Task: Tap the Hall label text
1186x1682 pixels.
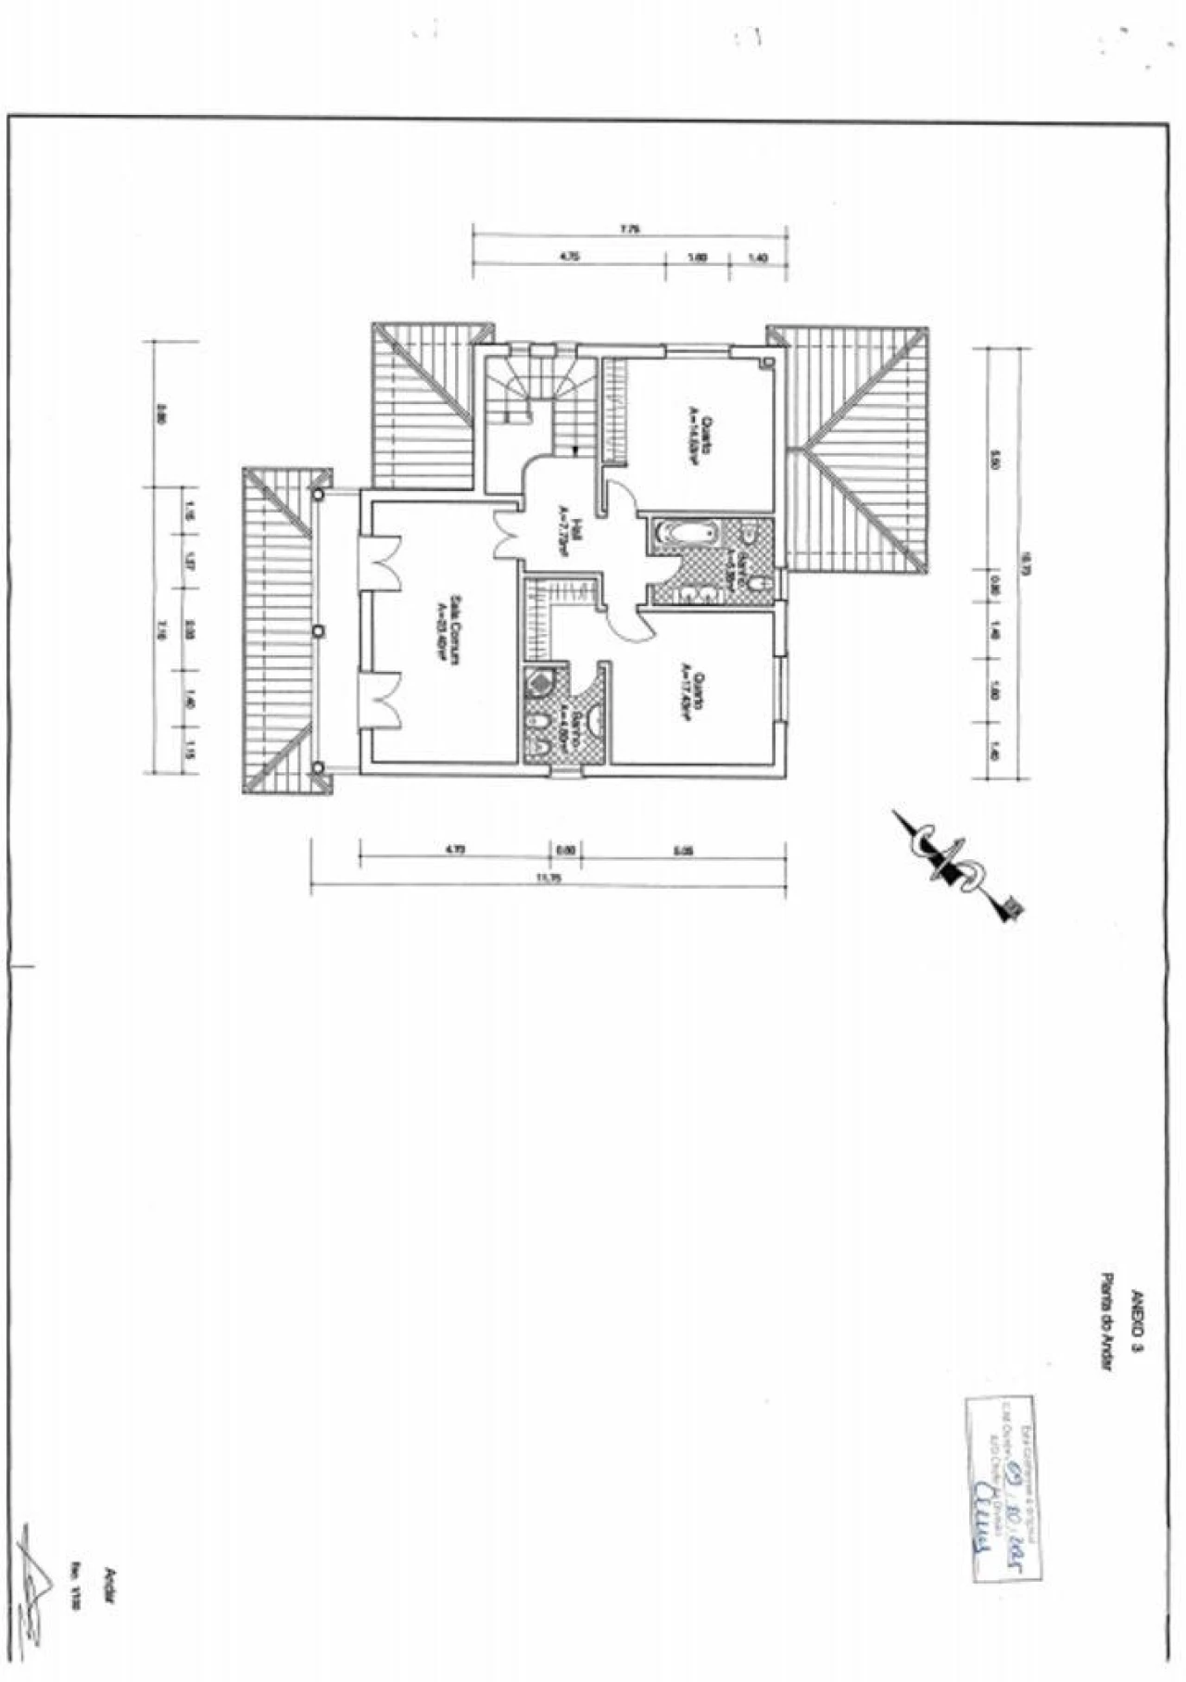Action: (568, 533)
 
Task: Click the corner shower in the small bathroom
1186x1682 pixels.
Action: (538, 684)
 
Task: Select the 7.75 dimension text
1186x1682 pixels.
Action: (630, 229)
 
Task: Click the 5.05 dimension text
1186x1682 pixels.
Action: (684, 848)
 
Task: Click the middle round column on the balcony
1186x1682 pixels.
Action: (319, 631)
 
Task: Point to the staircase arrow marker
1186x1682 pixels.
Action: (576, 449)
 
